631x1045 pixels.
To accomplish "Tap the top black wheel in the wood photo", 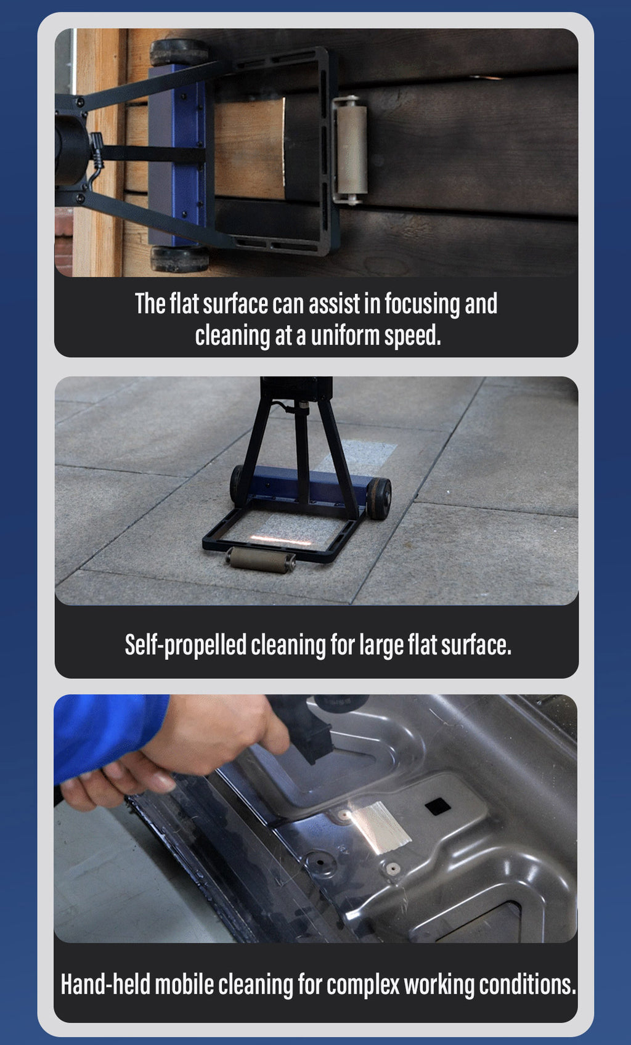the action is [179, 52].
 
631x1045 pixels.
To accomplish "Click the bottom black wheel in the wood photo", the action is [180, 259].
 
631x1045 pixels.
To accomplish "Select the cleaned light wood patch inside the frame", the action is [250, 149].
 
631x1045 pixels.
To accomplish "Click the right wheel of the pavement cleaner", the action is [380, 498].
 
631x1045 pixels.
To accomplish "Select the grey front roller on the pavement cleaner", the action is [261, 560].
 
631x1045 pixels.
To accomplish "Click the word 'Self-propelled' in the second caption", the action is [185, 645].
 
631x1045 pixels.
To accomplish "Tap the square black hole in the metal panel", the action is [438, 806].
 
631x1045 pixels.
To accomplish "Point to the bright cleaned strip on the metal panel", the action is [380, 826].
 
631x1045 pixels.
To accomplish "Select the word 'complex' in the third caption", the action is [363, 986].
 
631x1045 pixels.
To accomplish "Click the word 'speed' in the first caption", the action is [410, 336].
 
